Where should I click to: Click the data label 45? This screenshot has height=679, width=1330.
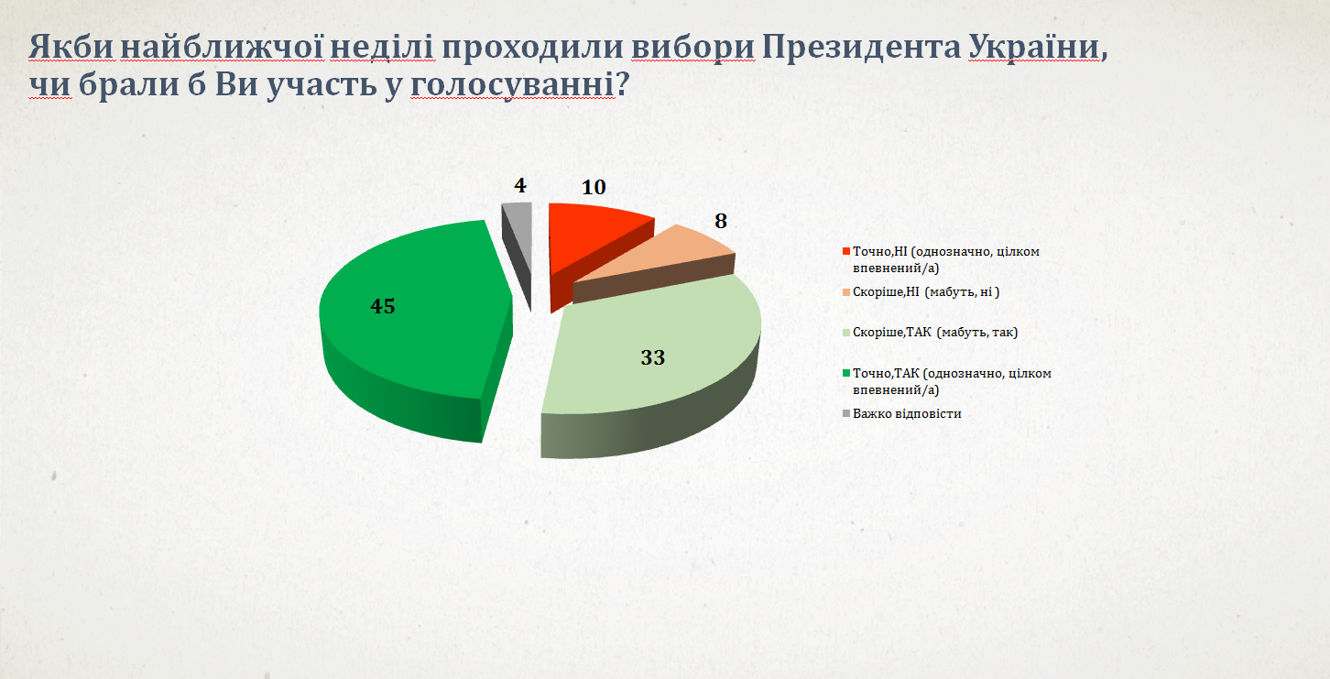click(x=382, y=307)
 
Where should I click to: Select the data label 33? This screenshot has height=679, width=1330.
click(x=652, y=357)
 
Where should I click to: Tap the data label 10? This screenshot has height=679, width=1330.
click(x=594, y=188)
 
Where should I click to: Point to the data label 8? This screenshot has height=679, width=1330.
click(x=721, y=221)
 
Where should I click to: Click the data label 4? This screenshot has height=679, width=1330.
click(x=520, y=186)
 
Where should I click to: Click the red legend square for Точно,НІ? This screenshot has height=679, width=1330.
click(x=846, y=251)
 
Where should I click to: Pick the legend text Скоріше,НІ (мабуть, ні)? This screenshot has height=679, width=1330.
click(x=926, y=292)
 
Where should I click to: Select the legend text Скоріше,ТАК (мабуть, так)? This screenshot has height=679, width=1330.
click(x=935, y=332)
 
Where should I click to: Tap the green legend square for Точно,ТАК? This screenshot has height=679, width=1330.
click(x=846, y=373)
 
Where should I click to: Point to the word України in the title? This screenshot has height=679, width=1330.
click(x=1034, y=47)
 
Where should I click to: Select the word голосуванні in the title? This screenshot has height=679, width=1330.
click(x=512, y=85)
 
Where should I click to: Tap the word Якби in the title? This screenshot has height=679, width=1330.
click(x=71, y=47)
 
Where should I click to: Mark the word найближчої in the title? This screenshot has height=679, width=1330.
click(x=222, y=48)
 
